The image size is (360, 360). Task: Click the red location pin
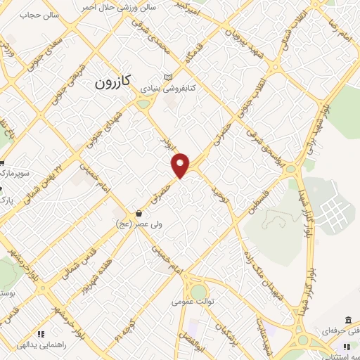[181, 163]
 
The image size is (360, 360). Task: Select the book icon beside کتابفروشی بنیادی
[167, 78]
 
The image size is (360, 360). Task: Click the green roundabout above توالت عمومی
[199, 290]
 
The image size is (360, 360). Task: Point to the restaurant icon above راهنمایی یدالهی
[41, 333]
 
